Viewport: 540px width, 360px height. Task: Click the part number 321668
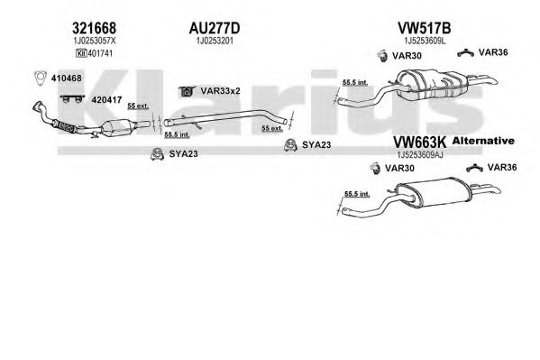[94, 28]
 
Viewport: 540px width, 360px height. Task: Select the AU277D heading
[215, 28]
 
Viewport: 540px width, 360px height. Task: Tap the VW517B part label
[425, 28]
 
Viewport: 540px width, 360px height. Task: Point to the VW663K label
[419, 142]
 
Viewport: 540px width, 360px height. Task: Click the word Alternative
[483, 141]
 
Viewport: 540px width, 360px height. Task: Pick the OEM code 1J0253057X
[95, 41]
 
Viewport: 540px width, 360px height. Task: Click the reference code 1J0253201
[215, 41]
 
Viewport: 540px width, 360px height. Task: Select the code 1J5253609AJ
[420, 155]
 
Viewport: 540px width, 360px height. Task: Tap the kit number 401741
[100, 53]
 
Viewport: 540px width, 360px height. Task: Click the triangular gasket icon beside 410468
[41, 78]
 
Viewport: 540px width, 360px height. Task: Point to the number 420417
[106, 100]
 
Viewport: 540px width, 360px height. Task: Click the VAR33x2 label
[220, 91]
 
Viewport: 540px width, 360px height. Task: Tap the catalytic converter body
[117, 128]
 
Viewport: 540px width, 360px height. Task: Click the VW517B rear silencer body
[432, 85]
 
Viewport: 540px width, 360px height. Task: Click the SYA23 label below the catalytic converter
[183, 153]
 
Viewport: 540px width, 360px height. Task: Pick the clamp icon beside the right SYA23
[290, 145]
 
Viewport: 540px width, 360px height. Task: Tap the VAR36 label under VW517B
[493, 52]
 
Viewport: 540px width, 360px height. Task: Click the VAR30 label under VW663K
[399, 169]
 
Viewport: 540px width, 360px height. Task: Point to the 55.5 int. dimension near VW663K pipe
[357, 194]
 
